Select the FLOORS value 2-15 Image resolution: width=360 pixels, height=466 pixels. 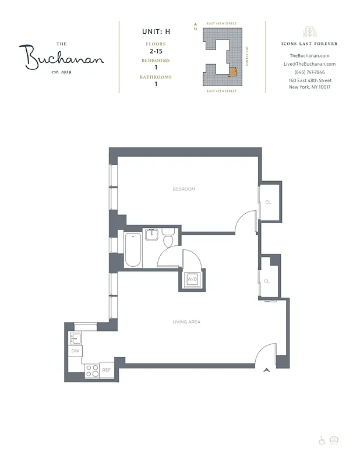pos(155,52)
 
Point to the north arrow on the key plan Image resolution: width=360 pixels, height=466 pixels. pos(195,26)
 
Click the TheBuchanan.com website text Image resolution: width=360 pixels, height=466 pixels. pos(309,55)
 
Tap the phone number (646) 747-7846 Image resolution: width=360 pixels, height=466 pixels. pos(309,72)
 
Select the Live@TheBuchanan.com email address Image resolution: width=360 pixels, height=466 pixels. pos(309,64)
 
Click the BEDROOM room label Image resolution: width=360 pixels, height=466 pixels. pos(183,189)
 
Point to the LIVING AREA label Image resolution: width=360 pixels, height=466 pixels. pos(186,322)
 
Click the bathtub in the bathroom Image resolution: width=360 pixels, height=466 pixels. pos(133,250)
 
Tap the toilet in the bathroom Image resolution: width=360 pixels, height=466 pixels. pos(168,239)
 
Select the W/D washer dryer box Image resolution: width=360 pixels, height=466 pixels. pos(191,280)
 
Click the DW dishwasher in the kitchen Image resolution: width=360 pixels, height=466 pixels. pos(75,351)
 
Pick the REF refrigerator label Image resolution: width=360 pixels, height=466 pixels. pos(107,370)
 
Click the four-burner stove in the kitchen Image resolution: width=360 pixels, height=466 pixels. pos(91,370)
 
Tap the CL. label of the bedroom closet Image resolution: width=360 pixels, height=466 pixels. pos(269,202)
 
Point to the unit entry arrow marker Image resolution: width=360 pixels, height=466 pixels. pos(267,370)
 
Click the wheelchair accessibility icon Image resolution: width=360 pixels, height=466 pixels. pos(322,440)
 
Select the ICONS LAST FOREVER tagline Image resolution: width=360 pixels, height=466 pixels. pos(309,44)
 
